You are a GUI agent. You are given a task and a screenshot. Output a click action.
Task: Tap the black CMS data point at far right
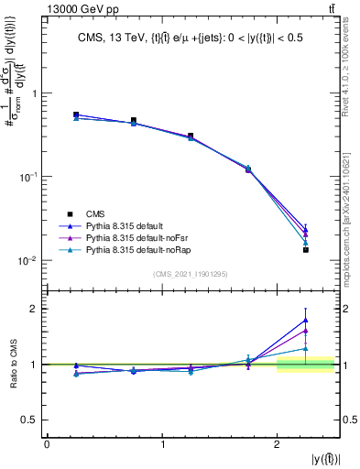306,249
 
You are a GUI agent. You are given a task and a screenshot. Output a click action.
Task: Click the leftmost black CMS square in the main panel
76,115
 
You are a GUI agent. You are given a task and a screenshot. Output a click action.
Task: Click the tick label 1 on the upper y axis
35,93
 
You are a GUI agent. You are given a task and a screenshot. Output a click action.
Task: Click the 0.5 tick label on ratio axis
30,420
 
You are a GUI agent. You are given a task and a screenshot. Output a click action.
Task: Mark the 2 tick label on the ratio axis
35,309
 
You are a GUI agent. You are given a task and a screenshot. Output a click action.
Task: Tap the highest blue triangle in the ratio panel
306,320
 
